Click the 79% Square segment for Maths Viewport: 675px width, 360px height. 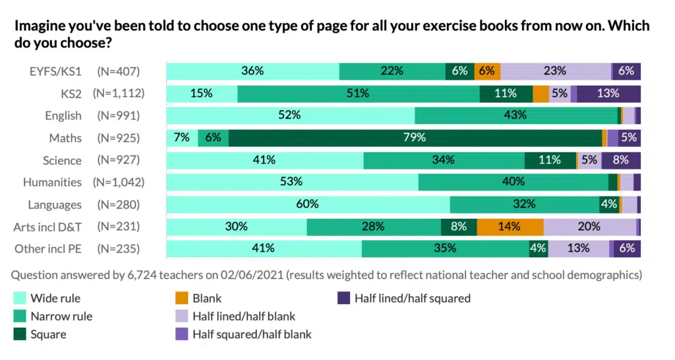415,138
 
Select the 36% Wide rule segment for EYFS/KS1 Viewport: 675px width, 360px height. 252,71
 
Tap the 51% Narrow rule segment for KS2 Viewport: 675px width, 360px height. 358,94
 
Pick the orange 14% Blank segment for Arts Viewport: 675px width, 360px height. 510,227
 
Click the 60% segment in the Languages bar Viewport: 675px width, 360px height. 308,204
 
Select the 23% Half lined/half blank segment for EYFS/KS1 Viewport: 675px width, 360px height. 556,71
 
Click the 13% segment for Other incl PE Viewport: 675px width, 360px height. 579,249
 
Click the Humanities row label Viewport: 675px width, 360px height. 52,182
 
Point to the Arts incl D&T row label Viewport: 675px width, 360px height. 47,227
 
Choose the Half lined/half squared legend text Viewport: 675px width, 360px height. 412,298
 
